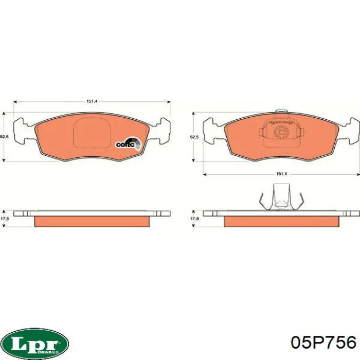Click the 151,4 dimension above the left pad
point(92,101)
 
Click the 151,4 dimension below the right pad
point(281,174)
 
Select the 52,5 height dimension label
point(194,137)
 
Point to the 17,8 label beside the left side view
point(5,219)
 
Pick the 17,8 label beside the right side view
point(194,219)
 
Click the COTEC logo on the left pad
point(128,143)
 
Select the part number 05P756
point(323,343)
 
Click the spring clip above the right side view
point(281,197)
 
